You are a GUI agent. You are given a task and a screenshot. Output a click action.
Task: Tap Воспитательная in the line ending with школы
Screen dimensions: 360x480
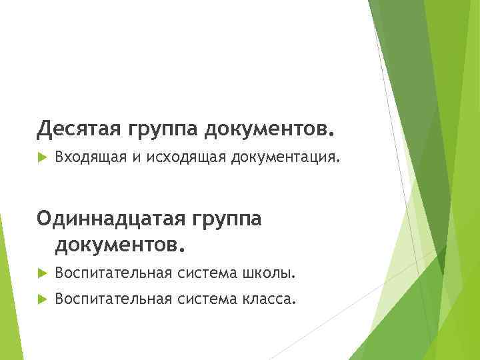pyautogui.click(x=113, y=273)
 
